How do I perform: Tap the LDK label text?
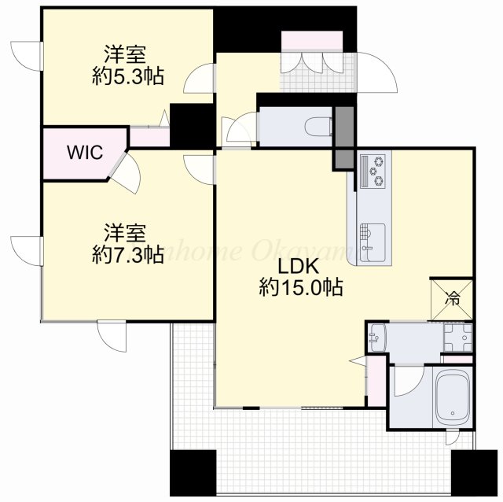pos(300,267)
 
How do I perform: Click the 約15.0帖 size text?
pos(300,287)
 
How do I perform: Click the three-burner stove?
pos(373,171)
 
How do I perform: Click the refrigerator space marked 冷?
pos(453,298)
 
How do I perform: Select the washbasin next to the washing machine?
pos(377,338)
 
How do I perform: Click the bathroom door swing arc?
pos(408,382)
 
